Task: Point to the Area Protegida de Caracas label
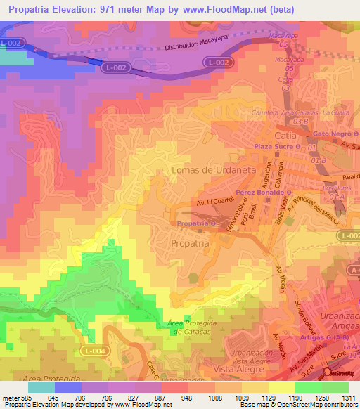coord(186,326)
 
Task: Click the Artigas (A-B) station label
coord(316,337)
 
